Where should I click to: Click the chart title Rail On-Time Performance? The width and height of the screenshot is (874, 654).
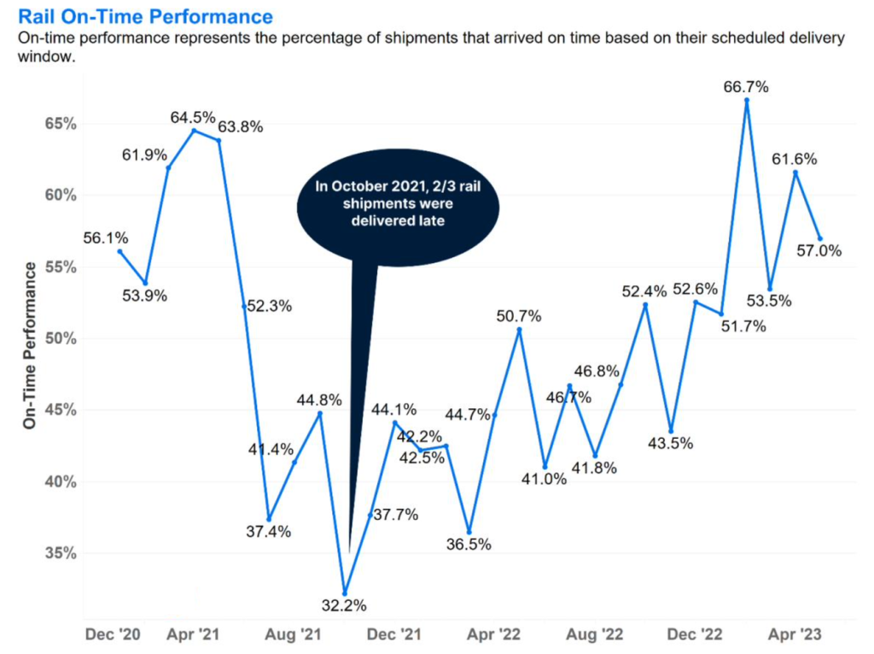point(145,16)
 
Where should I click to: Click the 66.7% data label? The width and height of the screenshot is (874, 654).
point(746,87)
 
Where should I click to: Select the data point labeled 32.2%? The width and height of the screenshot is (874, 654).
point(345,593)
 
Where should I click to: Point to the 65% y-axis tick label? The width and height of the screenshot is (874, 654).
point(61,124)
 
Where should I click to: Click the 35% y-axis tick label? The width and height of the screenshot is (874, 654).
point(61,553)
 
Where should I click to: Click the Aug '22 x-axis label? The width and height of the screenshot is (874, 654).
point(594,635)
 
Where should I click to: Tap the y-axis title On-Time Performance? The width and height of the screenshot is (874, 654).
point(30,345)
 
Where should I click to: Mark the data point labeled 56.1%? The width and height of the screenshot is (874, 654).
point(119,251)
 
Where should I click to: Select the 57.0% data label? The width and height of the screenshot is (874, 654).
point(819,251)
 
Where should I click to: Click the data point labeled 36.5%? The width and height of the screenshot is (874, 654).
point(469,532)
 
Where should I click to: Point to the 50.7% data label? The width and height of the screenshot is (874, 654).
point(519,317)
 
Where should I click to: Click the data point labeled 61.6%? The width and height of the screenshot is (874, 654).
point(795,172)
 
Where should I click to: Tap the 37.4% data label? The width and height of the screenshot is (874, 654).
point(267,532)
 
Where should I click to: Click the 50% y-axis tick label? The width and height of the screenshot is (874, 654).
point(61,339)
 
